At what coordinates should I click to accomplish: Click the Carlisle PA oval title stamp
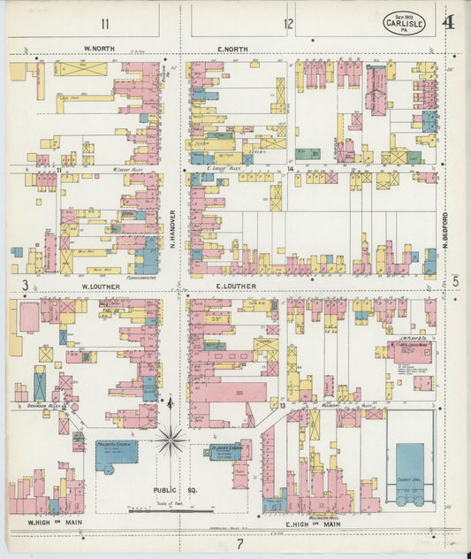[404, 23]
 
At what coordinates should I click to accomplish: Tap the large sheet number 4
[449, 21]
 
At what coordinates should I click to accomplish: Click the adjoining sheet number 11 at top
[105, 24]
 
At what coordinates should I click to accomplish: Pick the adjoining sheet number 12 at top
[288, 24]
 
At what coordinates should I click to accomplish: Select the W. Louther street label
[101, 287]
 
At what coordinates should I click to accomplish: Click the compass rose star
[171, 438]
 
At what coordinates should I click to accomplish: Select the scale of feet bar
[171, 510]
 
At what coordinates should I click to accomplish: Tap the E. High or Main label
[306, 524]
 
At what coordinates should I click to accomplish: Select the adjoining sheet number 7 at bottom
[238, 544]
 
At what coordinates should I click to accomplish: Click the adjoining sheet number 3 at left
[27, 285]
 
